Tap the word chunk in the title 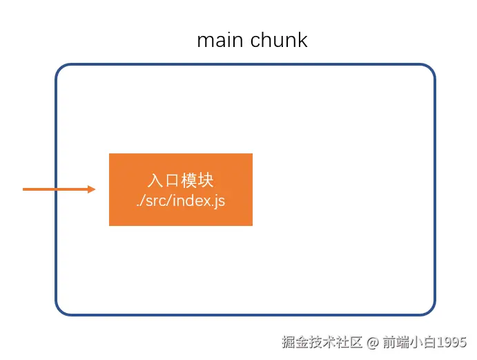pos(279,40)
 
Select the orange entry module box pos(181,189)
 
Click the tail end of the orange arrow pos(25,189)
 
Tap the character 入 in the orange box pos(155,181)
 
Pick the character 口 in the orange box pos(172,181)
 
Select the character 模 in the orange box pos(189,181)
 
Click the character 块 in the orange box pos(206,181)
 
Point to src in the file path pos(157,201)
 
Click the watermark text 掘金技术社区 pos(322,342)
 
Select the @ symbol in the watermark pos(372,342)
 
